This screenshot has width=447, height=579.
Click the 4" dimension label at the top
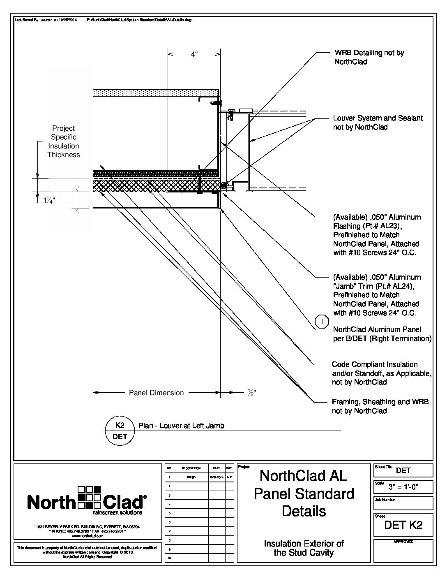click(194, 54)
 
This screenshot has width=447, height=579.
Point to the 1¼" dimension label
click(49, 200)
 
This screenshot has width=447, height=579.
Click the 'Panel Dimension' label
click(157, 393)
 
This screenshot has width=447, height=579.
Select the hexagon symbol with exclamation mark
click(322, 322)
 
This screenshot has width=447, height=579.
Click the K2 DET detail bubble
click(120, 431)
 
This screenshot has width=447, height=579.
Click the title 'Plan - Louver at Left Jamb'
click(181, 426)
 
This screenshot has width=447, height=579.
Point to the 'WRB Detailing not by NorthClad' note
click(369, 57)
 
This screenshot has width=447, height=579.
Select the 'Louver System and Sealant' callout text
click(378, 123)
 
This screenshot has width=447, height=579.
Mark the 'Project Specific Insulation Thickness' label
click(63, 141)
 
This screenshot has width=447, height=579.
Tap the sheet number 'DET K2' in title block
click(403, 525)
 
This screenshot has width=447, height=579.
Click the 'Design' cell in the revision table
click(191, 477)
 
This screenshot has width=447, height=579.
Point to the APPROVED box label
click(403, 542)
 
